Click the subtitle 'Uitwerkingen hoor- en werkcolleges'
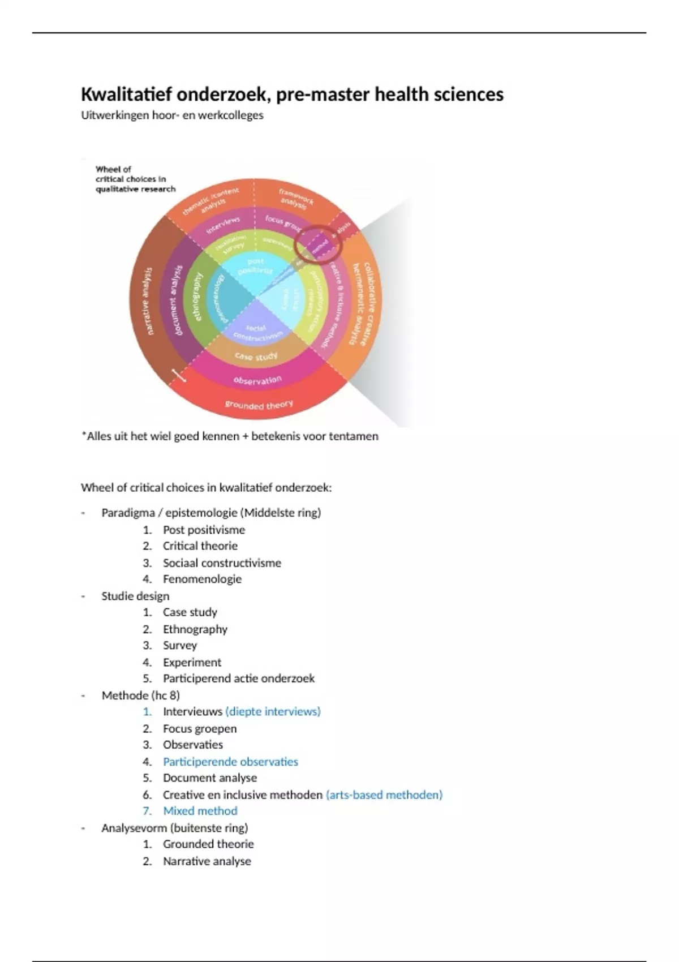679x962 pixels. tap(172, 115)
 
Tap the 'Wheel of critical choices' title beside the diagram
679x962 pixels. tap(135, 179)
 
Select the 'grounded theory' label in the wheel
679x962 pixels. tap(259, 404)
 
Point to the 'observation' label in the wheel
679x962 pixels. tap(257, 380)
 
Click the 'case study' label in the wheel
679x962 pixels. tap(256, 357)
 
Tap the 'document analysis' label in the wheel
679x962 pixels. tap(177, 300)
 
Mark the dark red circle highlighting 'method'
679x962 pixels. tap(319, 244)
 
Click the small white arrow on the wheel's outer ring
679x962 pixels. tap(179, 375)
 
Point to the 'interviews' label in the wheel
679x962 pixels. tap(223, 224)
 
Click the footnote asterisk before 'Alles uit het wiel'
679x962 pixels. tap(84, 436)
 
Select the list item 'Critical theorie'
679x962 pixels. tap(200, 546)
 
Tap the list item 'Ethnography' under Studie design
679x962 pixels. tap(195, 629)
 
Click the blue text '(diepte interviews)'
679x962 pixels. tap(273, 711)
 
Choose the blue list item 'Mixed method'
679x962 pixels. tap(200, 811)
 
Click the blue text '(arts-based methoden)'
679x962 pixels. tap(384, 794)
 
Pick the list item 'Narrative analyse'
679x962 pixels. tap(207, 861)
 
